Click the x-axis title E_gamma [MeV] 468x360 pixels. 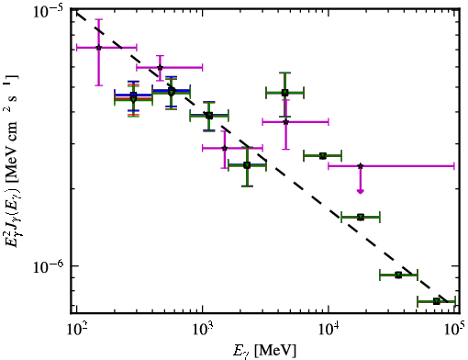click(x=265, y=351)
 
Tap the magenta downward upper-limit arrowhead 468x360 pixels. click(x=361, y=191)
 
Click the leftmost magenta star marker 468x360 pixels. click(x=98, y=48)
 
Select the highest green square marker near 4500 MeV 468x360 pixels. click(x=284, y=93)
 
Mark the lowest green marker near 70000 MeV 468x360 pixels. click(x=437, y=301)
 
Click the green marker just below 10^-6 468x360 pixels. click(x=398, y=275)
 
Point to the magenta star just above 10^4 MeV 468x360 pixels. click(x=361, y=166)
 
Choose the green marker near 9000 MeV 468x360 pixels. click(x=322, y=156)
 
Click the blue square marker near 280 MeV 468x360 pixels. click(x=133, y=95)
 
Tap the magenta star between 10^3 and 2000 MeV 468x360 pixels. click(x=225, y=148)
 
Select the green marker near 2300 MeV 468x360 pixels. click(x=247, y=165)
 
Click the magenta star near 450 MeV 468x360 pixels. click(x=160, y=67)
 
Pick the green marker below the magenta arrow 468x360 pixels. click(x=361, y=217)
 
